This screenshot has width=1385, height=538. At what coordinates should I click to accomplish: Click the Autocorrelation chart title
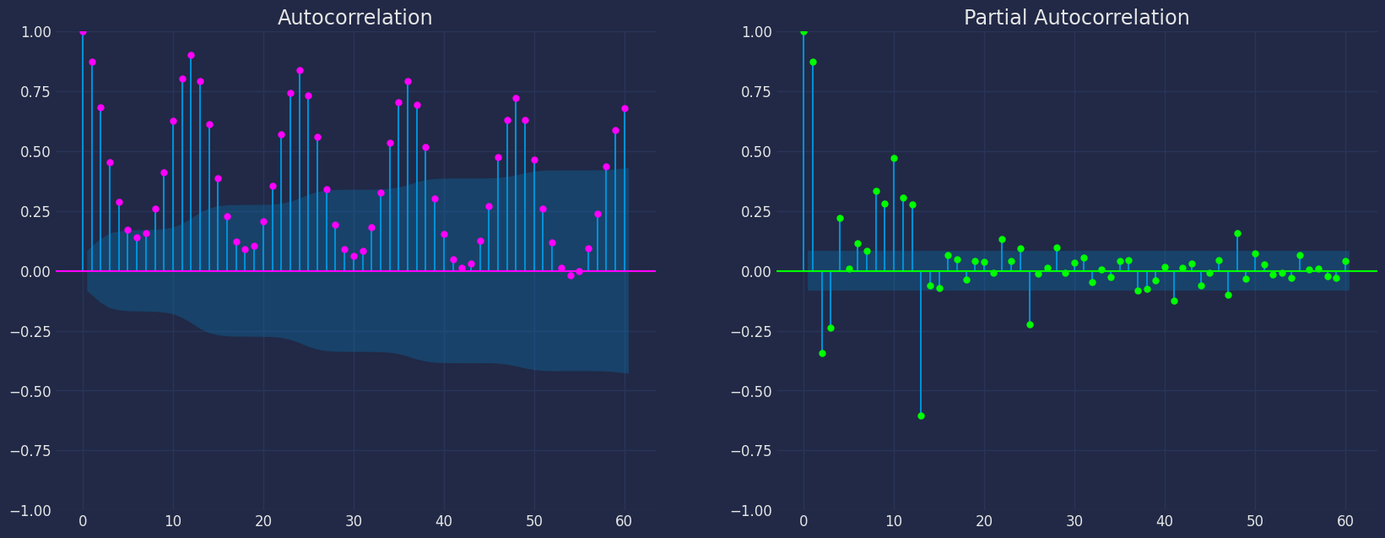(x=354, y=18)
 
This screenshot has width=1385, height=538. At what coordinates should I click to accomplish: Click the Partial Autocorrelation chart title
(x=1076, y=18)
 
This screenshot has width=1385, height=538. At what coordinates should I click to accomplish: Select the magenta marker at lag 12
(x=191, y=55)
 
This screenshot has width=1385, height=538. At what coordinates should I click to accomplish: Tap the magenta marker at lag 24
(x=300, y=70)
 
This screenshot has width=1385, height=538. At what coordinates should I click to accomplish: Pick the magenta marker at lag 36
(x=408, y=81)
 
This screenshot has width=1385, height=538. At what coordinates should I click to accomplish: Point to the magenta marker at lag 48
(x=516, y=98)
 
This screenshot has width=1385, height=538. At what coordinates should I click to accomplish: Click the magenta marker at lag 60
(x=625, y=108)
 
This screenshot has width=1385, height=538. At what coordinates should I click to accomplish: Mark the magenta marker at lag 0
(x=83, y=31)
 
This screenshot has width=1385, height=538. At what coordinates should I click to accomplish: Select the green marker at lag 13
(x=921, y=416)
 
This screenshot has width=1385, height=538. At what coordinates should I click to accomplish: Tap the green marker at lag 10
(x=894, y=158)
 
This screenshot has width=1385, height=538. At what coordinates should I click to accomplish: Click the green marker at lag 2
(x=822, y=353)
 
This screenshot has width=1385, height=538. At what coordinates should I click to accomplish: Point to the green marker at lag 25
(x=1030, y=324)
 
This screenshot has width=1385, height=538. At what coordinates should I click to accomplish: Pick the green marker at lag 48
(x=1237, y=233)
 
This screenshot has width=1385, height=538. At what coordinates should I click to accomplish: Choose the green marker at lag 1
(x=813, y=62)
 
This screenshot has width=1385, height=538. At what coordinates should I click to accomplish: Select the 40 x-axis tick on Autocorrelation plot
(x=444, y=522)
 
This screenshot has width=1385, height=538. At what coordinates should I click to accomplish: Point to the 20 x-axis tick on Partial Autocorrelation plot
(x=984, y=522)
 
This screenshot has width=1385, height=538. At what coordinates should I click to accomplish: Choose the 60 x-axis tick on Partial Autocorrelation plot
(x=1345, y=522)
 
